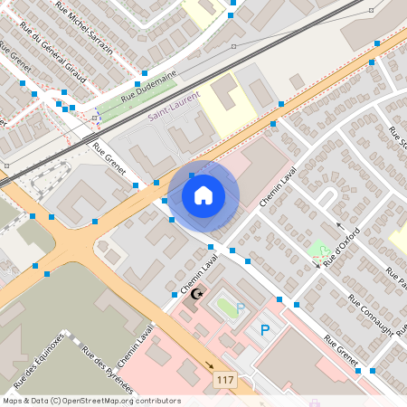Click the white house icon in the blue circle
[x=203, y=195]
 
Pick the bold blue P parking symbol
[x=265, y=331]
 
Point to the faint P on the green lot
[x=241, y=309]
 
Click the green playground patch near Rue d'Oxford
[x=317, y=249]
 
